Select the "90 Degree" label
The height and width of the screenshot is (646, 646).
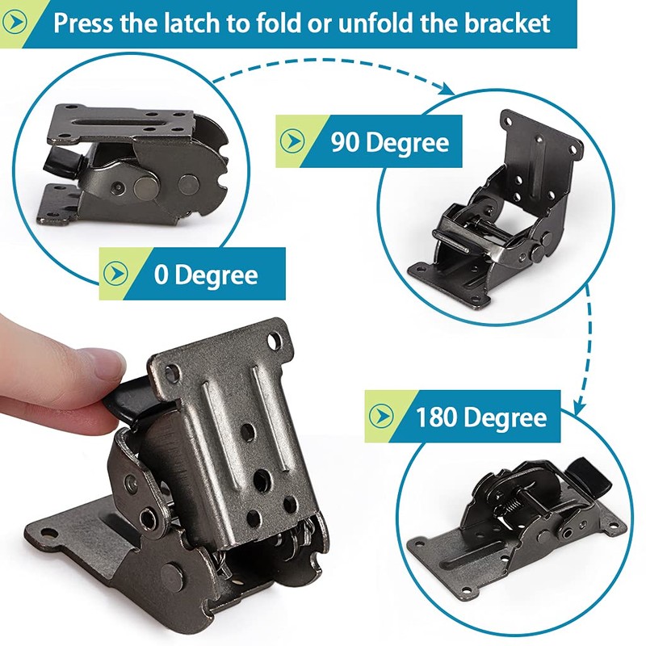pyautogui.click(x=389, y=142)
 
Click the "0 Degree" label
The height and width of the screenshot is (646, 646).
pyautogui.click(x=206, y=275)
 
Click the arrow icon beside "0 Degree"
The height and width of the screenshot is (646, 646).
pyautogui.click(x=114, y=275)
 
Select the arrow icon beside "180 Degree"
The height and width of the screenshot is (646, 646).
pyautogui.click(x=380, y=417)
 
